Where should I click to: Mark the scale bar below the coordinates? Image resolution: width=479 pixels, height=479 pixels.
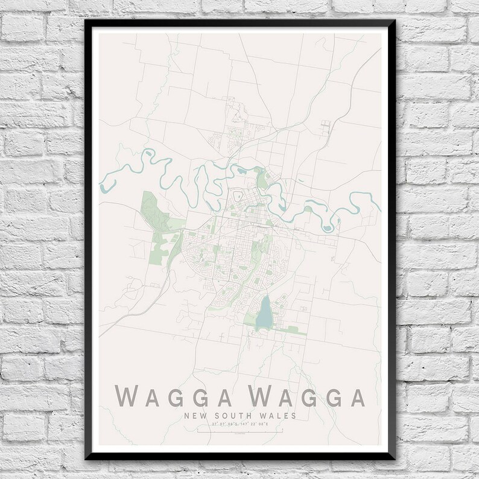[x=240, y=431]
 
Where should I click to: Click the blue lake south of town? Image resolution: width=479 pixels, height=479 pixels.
[x=263, y=314]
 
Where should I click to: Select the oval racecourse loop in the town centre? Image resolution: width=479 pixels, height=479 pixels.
[x=239, y=197]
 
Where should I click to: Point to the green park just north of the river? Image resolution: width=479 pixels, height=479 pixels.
[x=261, y=179]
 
